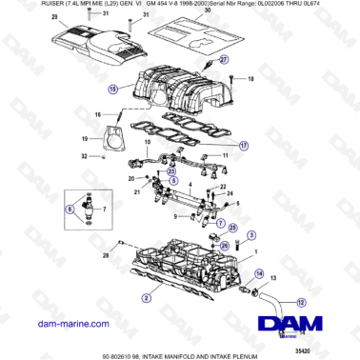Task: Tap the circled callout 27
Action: [x=225, y=59]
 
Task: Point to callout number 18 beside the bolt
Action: [x=251, y=80]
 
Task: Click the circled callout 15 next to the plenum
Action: [x=113, y=90]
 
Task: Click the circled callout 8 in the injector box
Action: [x=69, y=208]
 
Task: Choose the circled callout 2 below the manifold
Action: [x=145, y=297]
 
